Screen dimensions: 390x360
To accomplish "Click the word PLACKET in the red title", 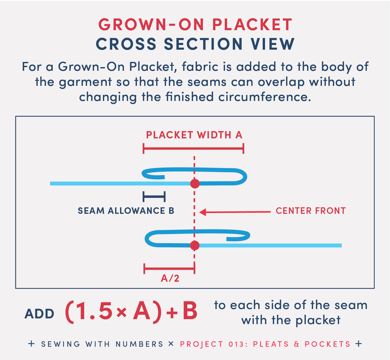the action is coord(252,25).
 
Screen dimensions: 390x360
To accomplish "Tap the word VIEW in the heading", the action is coord(273,44).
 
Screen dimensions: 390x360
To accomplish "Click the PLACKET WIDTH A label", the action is coord(194,135).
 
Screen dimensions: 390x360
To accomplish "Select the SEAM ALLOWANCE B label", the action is coord(126,210).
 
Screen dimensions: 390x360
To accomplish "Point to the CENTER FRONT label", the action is coord(311,210).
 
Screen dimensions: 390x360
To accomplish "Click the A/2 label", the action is coord(170,278).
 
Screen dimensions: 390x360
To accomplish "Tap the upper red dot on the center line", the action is coord(195,183).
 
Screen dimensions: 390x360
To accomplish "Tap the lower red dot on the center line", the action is coord(195,245).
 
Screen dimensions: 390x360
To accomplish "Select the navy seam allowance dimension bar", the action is coord(154,197).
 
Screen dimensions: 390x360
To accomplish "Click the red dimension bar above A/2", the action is coord(169,268).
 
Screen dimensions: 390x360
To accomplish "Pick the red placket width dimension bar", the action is coord(193,149).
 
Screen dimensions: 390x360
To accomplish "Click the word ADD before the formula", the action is coord(39,314).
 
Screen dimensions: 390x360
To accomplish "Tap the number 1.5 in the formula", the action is coord(94,311).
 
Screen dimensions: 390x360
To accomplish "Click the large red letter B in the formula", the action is coord(190,311).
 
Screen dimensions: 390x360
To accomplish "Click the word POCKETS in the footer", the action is coord(328,344).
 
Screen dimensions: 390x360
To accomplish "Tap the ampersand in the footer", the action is coord(296,344).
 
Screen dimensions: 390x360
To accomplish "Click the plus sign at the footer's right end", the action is coord(359,344).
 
